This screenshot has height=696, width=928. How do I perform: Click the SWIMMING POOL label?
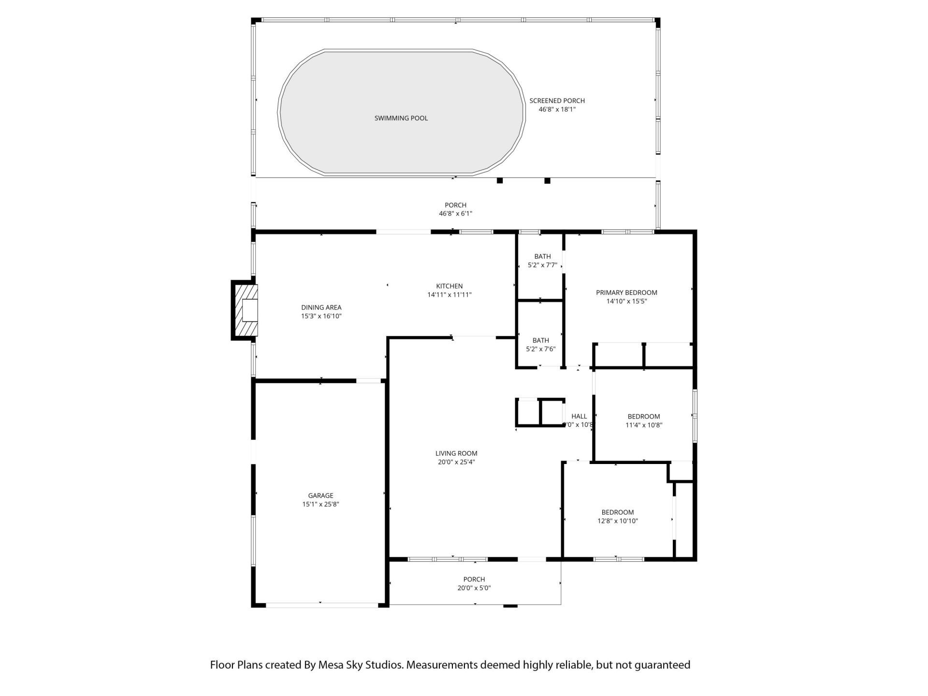(401, 118)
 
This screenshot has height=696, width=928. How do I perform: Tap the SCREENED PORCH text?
(557, 101)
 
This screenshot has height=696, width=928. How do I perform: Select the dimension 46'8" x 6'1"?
(455, 214)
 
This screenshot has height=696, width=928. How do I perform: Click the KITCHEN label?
(449, 286)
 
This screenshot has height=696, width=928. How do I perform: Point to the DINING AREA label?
(321, 307)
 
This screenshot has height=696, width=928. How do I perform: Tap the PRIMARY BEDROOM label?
(626, 292)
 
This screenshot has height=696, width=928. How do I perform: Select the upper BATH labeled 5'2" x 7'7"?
(542, 257)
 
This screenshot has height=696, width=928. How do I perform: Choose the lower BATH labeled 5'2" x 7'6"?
(540, 341)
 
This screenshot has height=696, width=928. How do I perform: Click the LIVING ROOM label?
(456, 453)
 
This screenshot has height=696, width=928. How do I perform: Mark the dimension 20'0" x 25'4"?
(456, 462)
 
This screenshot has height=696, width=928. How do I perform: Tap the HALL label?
(579, 416)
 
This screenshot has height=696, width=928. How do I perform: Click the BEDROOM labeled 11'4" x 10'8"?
(643, 417)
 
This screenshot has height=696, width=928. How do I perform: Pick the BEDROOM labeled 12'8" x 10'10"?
(617, 512)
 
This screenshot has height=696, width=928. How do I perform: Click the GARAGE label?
(320, 495)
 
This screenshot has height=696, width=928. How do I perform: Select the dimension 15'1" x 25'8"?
(320, 504)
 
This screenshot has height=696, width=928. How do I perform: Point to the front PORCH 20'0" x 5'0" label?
(474, 580)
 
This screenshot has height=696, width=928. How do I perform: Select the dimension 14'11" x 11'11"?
(449, 295)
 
